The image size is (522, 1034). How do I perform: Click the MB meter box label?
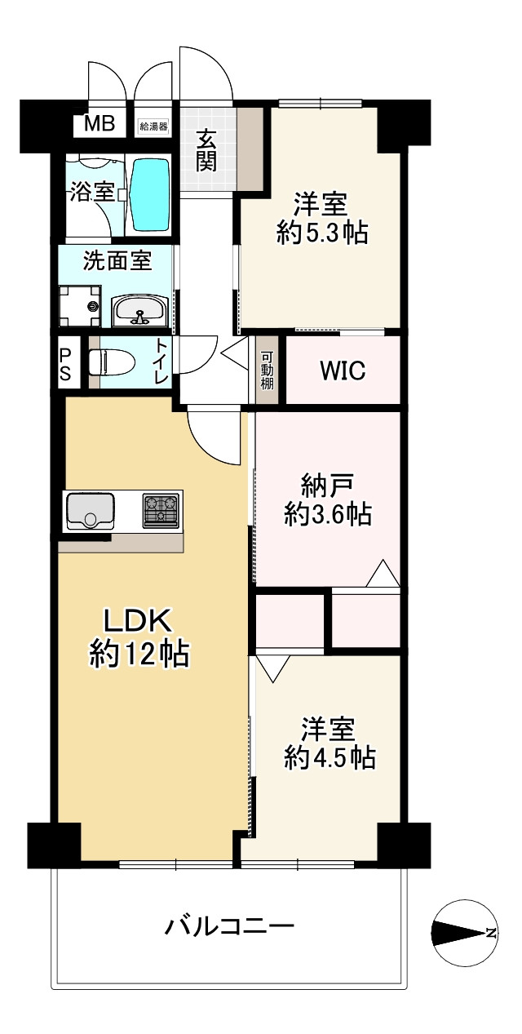(100, 123)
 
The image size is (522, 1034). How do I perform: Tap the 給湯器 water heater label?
(153, 126)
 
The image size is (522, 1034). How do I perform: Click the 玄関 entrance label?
(206, 150)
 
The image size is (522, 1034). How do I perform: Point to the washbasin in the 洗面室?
(139, 311)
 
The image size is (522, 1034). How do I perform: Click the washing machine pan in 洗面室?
(80, 305)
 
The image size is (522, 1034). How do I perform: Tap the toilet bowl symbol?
(111, 362)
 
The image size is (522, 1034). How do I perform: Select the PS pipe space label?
(65, 364)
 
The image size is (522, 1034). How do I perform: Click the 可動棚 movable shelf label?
(268, 371)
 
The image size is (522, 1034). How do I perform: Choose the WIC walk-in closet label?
(343, 371)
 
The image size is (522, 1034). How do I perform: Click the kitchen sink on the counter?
(91, 511)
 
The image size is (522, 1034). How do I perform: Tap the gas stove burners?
(161, 511)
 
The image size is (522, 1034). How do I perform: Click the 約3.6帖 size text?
(328, 514)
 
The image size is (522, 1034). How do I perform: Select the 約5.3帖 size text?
(322, 233)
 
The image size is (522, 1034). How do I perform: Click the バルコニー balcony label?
(230, 939)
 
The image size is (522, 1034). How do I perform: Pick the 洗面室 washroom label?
(117, 262)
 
